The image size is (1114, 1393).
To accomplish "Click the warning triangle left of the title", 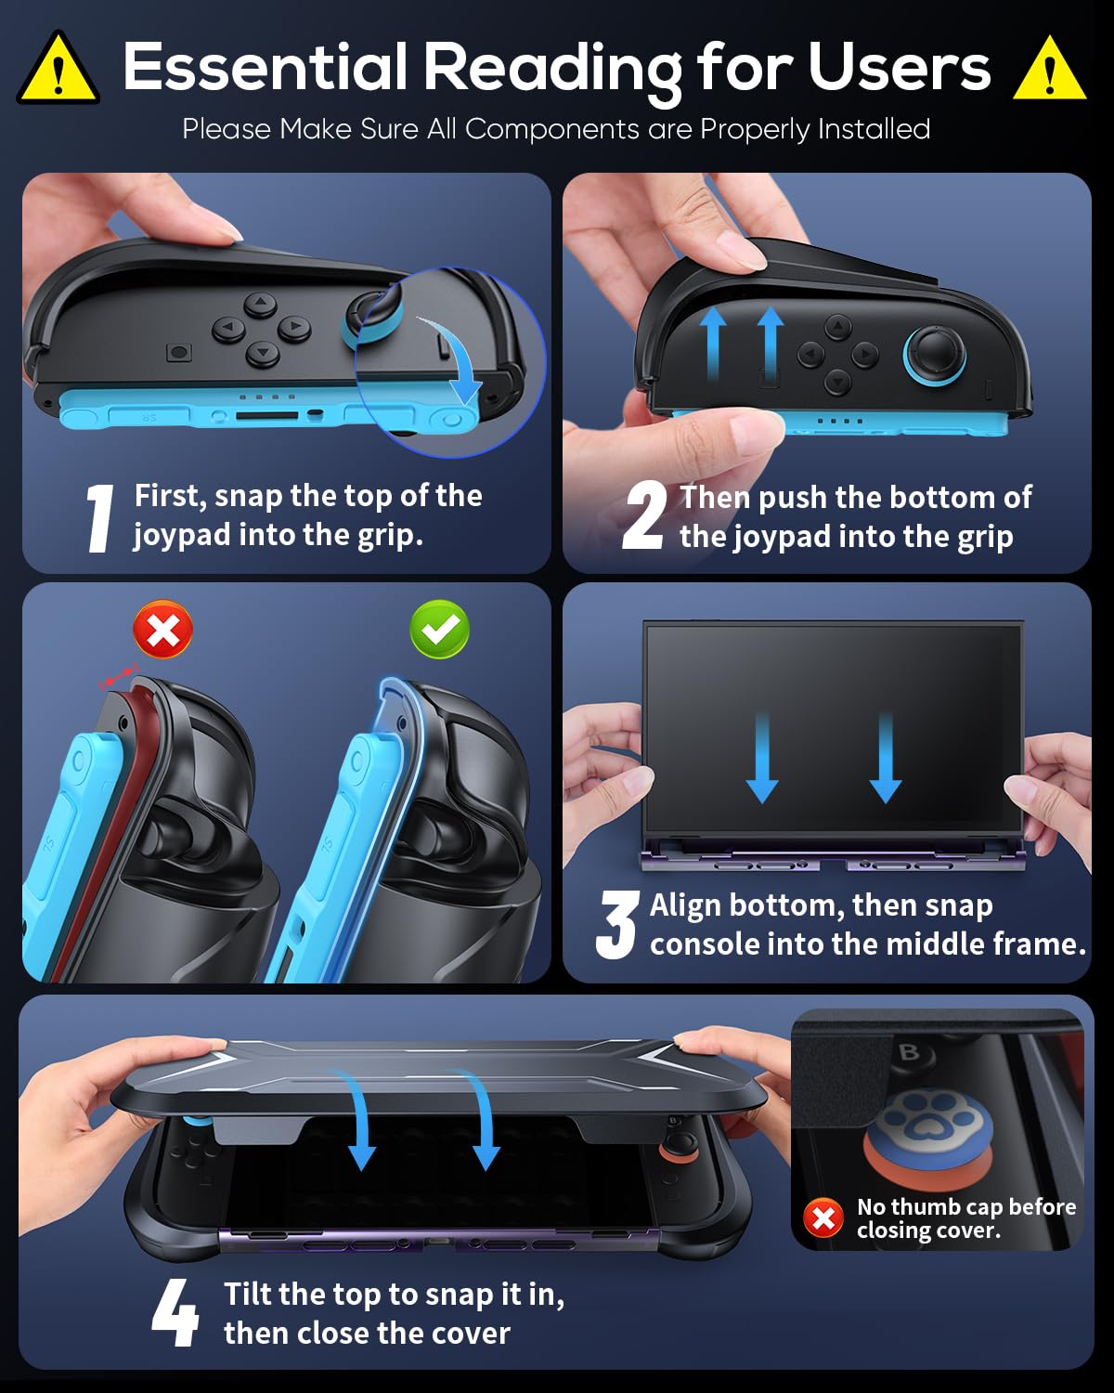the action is [x=58, y=69].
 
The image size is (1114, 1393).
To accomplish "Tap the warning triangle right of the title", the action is [x=1049, y=69].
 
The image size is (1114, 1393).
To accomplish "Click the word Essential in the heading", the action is [x=266, y=66].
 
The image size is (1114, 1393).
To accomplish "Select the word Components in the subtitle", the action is [x=552, y=129].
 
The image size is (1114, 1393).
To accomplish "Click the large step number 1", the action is [x=100, y=518].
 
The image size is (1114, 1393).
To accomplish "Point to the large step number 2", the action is [x=644, y=516].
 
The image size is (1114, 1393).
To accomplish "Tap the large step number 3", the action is [x=616, y=924].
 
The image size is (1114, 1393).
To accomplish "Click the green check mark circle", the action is [x=439, y=630].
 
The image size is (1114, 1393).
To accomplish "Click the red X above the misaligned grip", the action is [x=162, y=630].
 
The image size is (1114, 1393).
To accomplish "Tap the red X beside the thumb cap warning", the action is [x=823, y=1218].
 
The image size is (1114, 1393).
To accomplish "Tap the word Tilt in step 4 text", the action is [x=249, y=1294].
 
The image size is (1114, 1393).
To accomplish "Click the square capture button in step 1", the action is [x=178, y=352].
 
